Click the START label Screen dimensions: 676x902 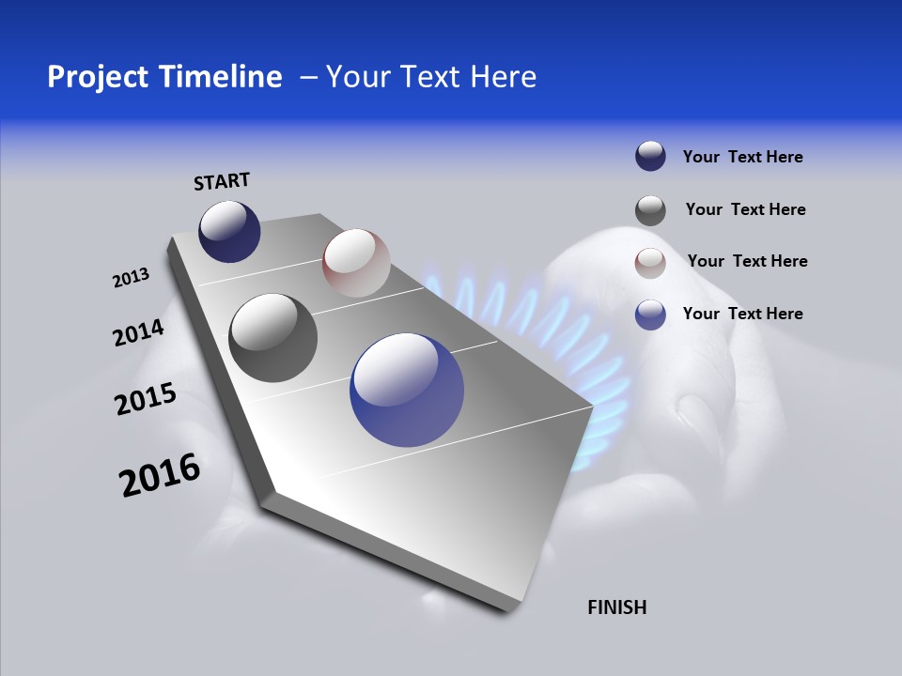click(222, 181)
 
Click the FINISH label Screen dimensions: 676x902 click(616, 607)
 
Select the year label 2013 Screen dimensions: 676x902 click(131, 278)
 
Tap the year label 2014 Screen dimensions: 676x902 click(138, 333)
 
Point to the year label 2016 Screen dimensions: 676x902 click(160, 475)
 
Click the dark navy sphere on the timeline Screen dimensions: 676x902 click(229, 232)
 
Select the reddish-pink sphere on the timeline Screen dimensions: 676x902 click(356, 263)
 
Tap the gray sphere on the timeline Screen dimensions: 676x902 click(272, 338)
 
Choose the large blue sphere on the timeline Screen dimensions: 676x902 click(407, 390)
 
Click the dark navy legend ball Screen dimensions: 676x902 click(650, 157)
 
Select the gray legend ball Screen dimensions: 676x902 click(650, 210)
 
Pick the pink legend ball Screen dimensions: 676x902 click(650, 263)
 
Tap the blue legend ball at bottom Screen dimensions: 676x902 click(650, 315)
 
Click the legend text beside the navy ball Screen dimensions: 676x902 click(742, 157)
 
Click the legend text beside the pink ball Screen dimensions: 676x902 click(747, 261)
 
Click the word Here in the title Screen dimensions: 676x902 click(504, 77)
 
